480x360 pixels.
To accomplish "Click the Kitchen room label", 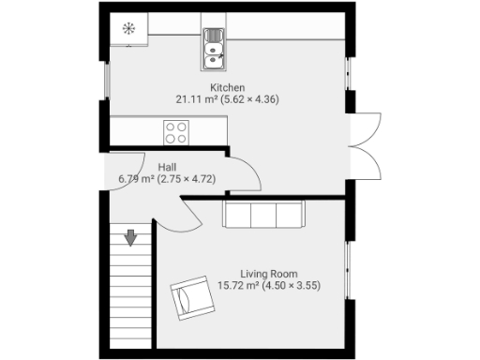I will click(228, 87).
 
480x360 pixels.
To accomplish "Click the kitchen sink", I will click(214, 50).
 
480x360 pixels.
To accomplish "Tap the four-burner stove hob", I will click(176, 132).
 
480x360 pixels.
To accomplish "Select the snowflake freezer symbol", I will click(127, 28).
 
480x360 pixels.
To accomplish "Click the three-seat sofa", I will click(263, 215).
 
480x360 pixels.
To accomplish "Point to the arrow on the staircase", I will click(131, 238).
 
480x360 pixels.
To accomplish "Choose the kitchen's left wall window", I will click(105, 80).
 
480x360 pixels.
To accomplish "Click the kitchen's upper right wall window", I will click(350, 71).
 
